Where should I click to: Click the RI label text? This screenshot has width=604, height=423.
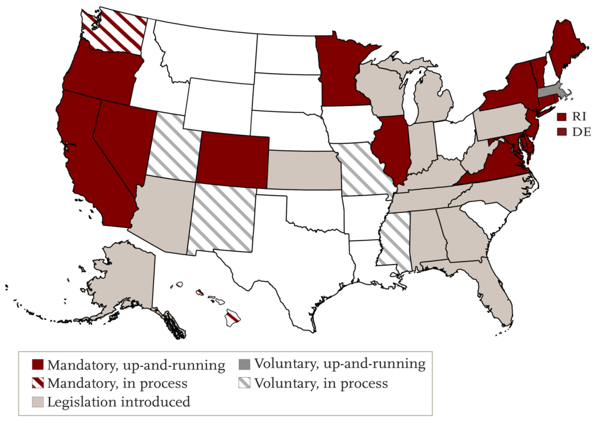click(579, 117)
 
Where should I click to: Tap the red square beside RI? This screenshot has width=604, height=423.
click(562, 117)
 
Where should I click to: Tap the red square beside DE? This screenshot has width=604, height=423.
click(562, 133)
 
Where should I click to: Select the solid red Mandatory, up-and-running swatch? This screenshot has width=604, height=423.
click(37, 365)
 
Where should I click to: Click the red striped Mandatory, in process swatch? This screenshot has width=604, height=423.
click(37, 384)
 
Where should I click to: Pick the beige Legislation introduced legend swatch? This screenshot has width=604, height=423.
click(37, 402)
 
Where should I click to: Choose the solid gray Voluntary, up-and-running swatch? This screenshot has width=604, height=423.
click(245, 364)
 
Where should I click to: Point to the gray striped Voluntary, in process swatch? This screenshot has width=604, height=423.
click(245, 384)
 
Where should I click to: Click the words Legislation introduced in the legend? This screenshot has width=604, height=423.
click(119, 402)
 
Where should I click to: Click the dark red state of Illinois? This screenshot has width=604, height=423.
click(390, 147)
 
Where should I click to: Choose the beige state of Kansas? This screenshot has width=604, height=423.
click(304, 171)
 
